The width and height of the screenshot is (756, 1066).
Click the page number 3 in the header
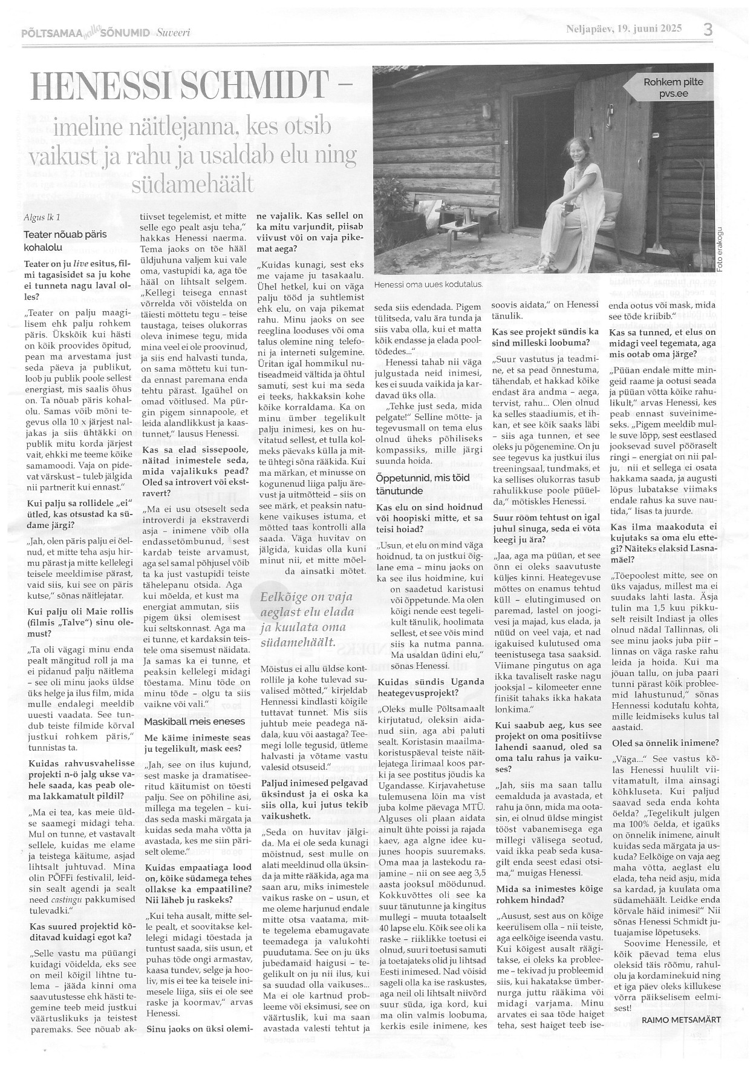coord(707,30)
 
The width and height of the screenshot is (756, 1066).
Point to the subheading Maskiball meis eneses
coord(186,721)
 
